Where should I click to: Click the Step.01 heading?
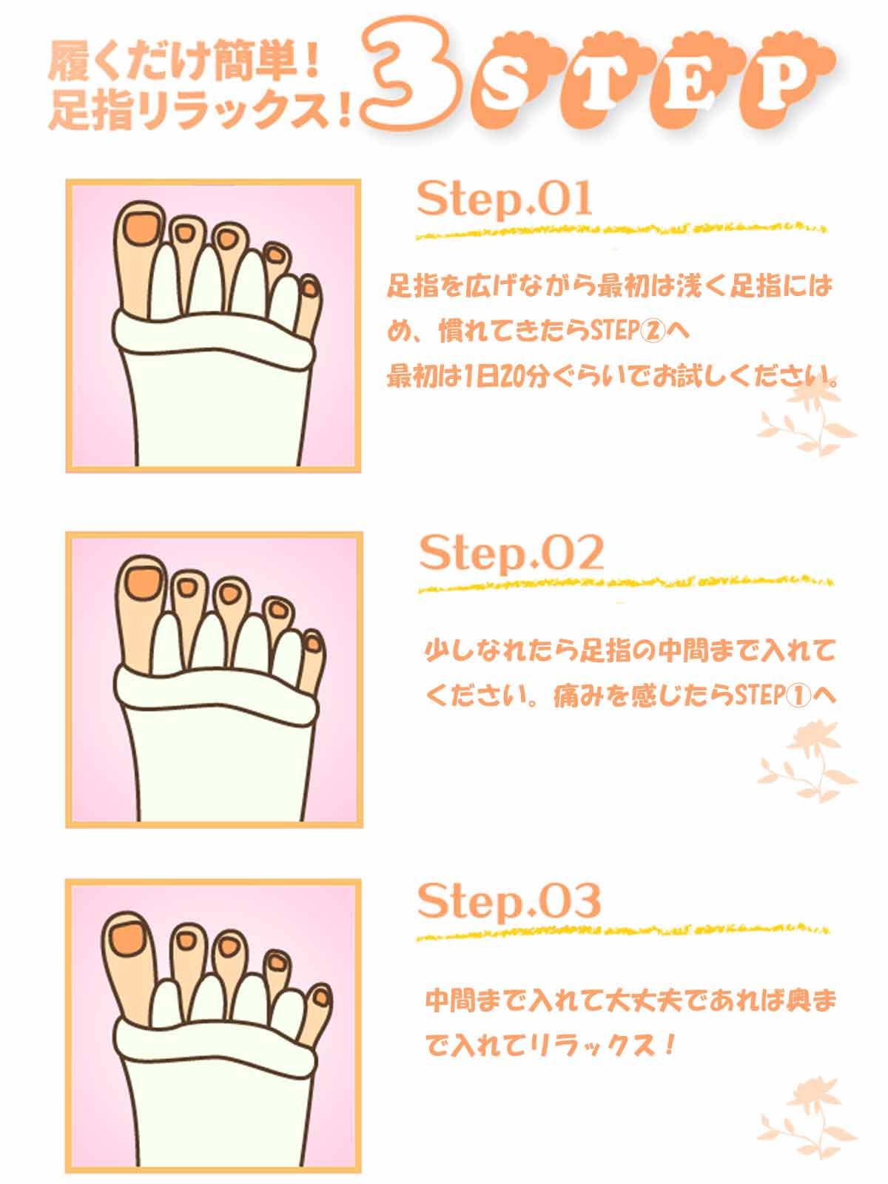505,201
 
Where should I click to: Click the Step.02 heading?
511,554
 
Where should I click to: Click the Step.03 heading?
509,902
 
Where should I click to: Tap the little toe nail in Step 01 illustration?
310,289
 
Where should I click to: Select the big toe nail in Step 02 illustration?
143,583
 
